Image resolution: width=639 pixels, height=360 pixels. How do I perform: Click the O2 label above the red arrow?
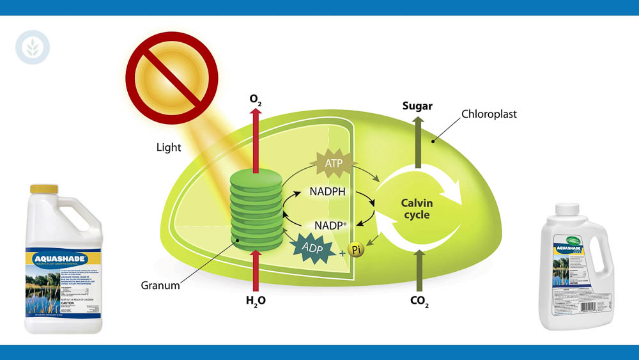pos(256,100)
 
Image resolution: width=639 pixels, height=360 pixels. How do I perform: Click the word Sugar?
pos(418,106)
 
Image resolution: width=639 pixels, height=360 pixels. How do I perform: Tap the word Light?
pos(169,148)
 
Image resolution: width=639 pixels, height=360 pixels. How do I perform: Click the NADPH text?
pos(328,191)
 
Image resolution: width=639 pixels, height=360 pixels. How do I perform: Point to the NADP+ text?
pos(330,225)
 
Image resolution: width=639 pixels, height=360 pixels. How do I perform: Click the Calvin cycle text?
pos(417,209)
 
